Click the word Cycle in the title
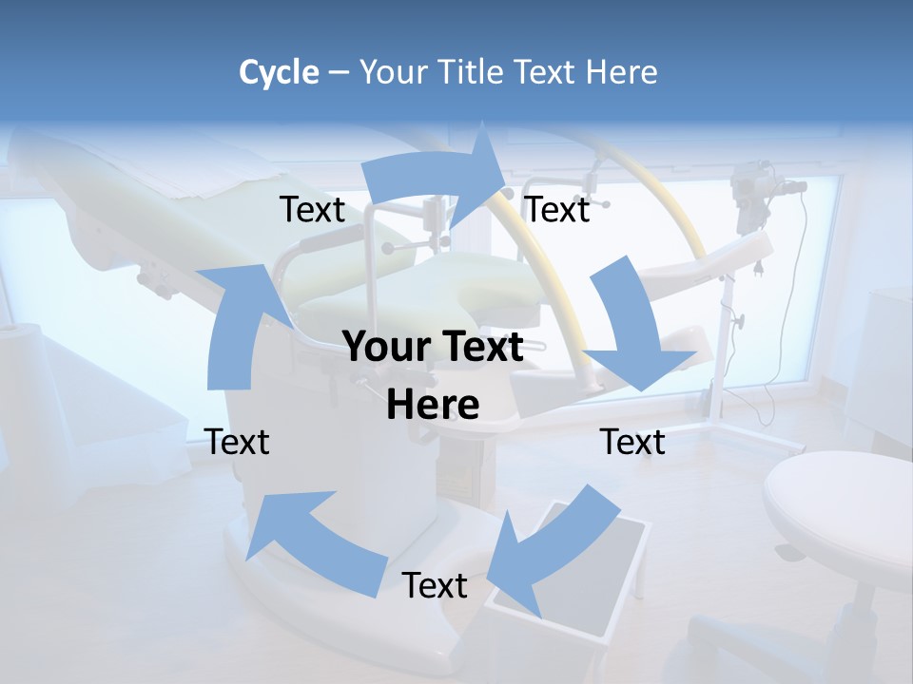(x=279, y=72)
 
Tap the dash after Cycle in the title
(x=339, y=73)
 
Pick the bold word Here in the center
(x=433, y=406)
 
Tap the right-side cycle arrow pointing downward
(x=632, y=328)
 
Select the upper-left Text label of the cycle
(x=312, y=210)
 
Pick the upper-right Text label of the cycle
(x=557, y=210)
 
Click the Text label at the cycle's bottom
(x=435, y=586)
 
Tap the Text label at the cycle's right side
(x=632, y=442)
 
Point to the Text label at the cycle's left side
(x=237, y=442)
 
